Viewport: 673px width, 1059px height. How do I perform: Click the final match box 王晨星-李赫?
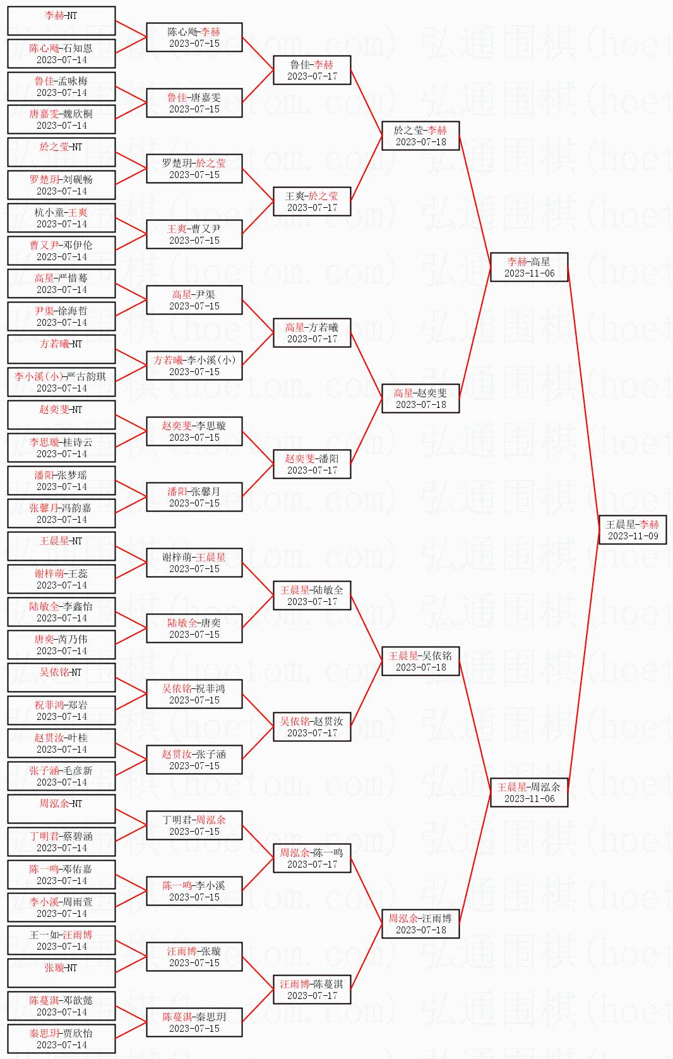click(633, 530)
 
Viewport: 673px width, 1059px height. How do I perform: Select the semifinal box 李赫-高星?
click(529, 267)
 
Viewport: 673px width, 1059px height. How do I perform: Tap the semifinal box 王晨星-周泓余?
click(529, 793)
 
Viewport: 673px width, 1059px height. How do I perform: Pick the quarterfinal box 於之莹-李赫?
click(420, 136)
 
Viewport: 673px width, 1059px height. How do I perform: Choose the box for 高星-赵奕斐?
click(420, 398)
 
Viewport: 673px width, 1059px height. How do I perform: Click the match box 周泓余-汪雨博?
click(420, 924)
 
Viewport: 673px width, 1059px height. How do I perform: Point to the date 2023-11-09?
click(633, 536)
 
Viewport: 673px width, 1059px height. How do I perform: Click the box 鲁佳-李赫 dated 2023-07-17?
click(312, 70)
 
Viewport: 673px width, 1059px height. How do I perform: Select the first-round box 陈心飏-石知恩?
click(61, 54)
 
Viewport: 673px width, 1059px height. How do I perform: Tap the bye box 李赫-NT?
click(61, 21)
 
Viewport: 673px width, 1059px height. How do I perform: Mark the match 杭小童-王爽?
click(61, 218)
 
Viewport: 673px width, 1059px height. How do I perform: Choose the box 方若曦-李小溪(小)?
click(194, 366)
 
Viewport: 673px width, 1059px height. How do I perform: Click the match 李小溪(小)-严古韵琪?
click(61, 382)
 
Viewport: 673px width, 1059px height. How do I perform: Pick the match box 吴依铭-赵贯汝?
click(312, 727)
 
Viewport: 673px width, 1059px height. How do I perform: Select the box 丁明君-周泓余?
click(194, 825)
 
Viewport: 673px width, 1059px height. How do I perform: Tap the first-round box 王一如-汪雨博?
click(61, 940)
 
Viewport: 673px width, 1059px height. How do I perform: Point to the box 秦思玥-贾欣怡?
click(61, 1039)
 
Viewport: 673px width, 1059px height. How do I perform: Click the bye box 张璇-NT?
click(61, 973)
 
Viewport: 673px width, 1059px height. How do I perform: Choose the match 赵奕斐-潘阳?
click(312, 464)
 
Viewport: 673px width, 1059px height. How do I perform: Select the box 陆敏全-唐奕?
click(194, 628)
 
